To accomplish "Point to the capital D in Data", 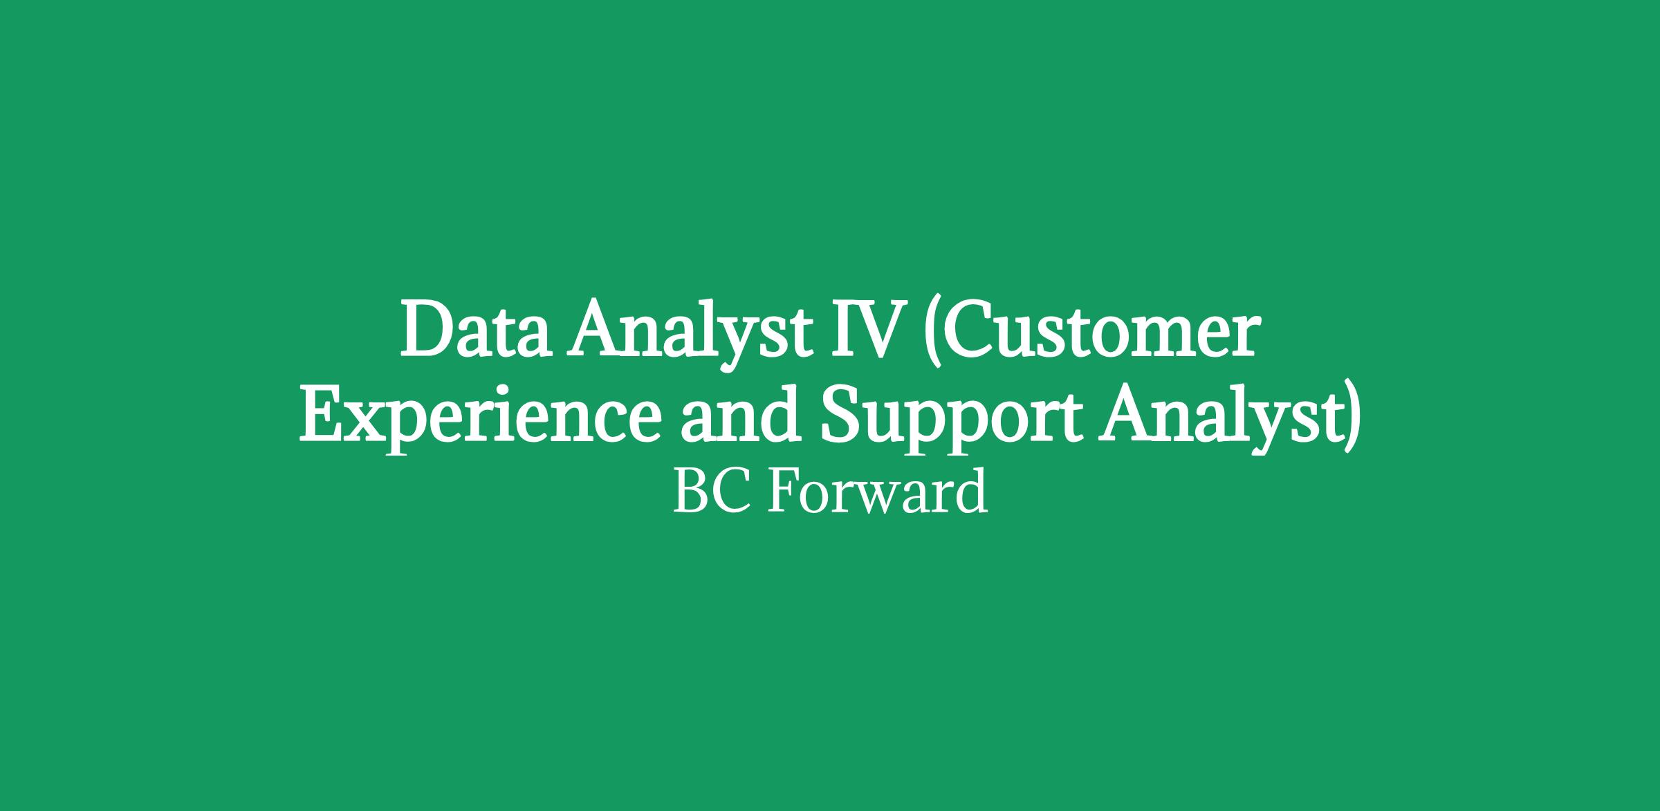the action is [x=430, y=328].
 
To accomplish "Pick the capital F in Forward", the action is [x=785, y=491].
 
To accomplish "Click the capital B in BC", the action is [x=691, y=491].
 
